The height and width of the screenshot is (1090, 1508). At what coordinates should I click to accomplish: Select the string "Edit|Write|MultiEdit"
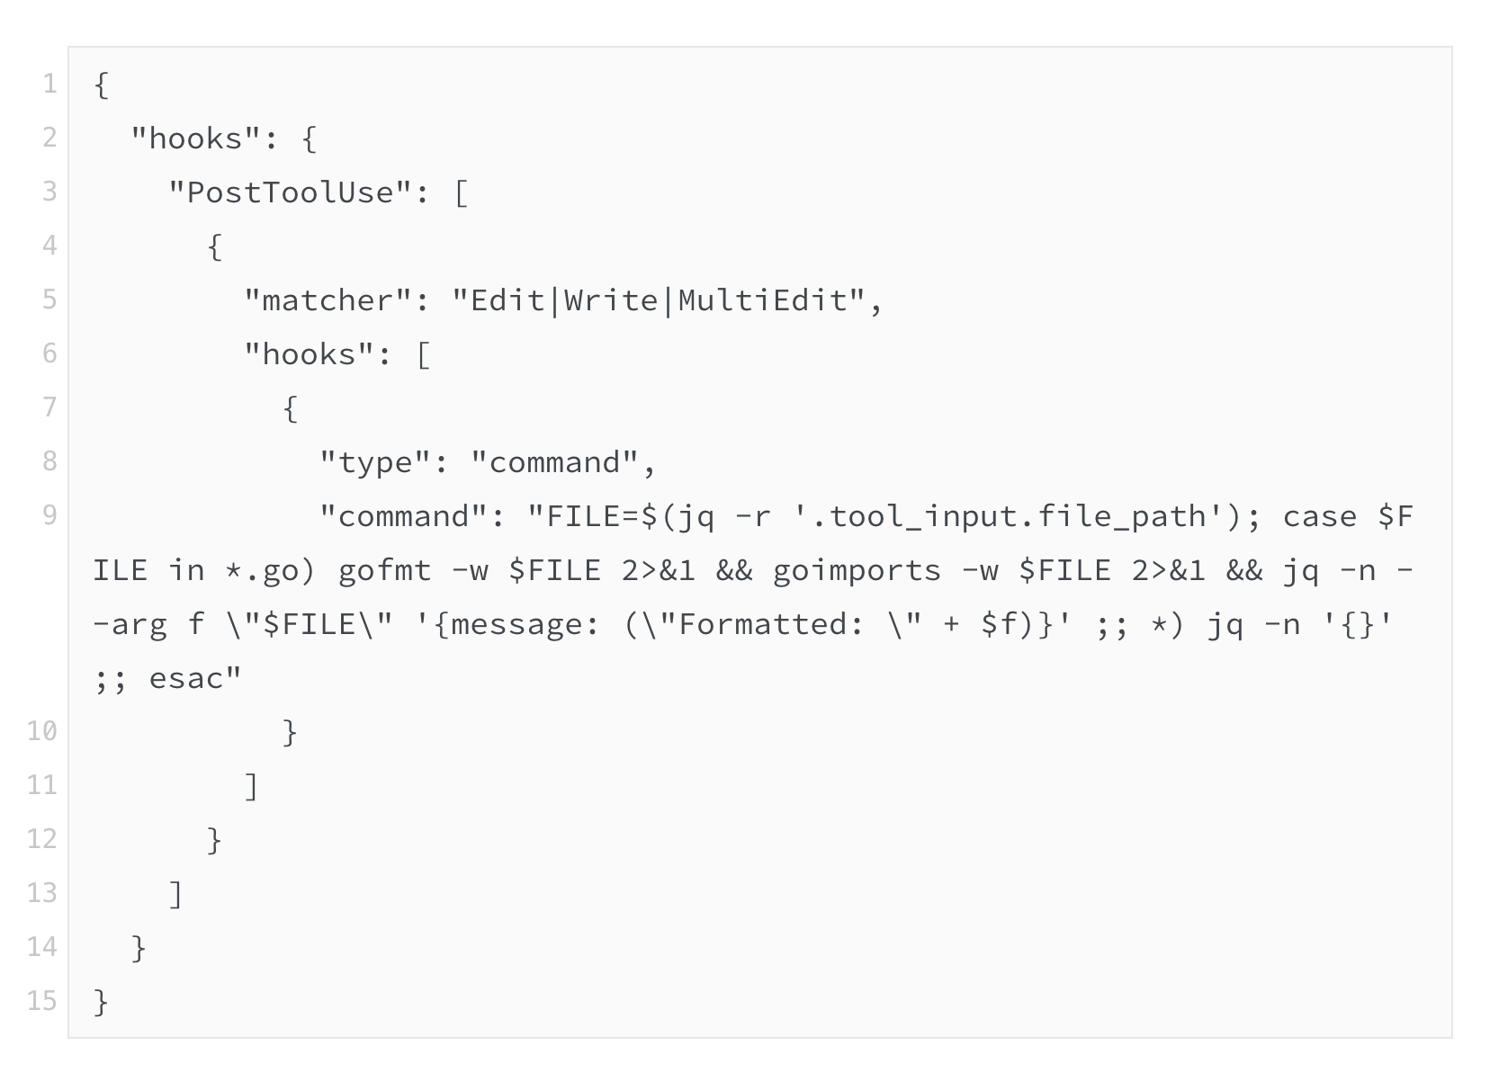pyautogui.click(x=659, y=300)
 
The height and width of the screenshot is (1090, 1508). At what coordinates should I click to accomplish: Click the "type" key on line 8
pyautogui.click(x=375, y=462)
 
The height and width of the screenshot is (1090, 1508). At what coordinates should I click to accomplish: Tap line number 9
pyautogui.click(x=49, y=515)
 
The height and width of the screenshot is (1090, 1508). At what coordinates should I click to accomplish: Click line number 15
pyautogui.click(x=42, y=1001)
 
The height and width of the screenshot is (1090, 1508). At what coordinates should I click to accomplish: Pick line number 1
pyautogui.click(x=49, y=84)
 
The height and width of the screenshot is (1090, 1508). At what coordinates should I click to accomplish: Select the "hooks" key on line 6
pyautogui.click(x=309, y=354)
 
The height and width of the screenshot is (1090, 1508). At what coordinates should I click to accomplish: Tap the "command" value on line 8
pyautogui.click(x=554, y=462)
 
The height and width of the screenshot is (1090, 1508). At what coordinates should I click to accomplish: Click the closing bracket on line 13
pyautogui.click(x=176, y=894)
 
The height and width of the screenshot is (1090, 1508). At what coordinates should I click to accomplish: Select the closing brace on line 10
pyautogui.click(x=290, y=732)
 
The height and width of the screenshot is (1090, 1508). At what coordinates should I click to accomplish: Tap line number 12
pyautogui.click(x=42, y=839)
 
